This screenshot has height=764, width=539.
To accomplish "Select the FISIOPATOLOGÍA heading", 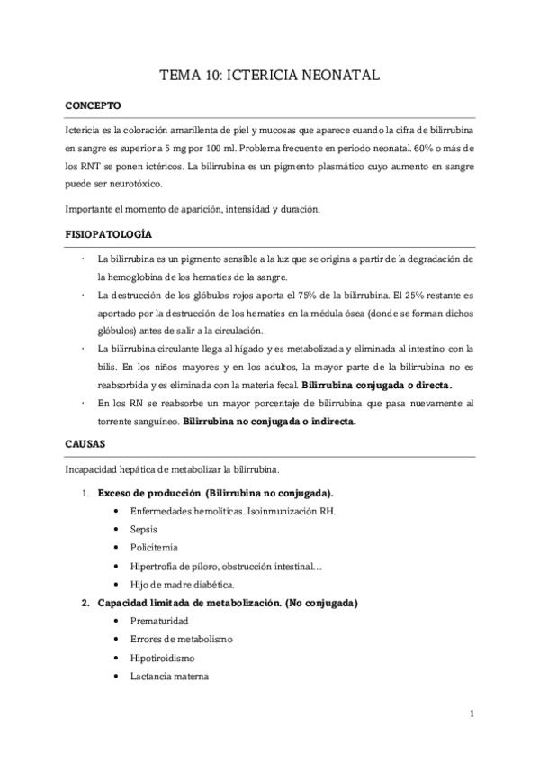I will [x=108, y=233].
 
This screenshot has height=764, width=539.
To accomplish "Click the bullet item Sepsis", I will [x=145, y=529].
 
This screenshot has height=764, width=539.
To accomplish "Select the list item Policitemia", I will [x=155, y=548].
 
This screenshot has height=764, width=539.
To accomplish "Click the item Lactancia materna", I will [x=169, y=677].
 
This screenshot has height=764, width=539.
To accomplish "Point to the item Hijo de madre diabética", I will [x=175, y=585].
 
